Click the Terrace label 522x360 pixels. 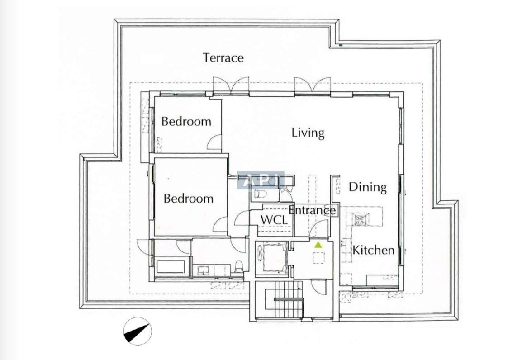point(223,57)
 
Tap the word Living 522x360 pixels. point(308,133)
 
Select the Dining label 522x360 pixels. point(368,187)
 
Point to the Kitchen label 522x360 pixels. point(373,250)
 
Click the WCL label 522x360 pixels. point(274,220)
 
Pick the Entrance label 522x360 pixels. point(312,210)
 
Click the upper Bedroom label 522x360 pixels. point(186,121)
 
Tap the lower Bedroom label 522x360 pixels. point(189,199)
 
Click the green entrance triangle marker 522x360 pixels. point(318,245)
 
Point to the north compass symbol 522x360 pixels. point(137,331)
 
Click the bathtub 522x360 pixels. point(171,266)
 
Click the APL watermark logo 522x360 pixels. point(261,180)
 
